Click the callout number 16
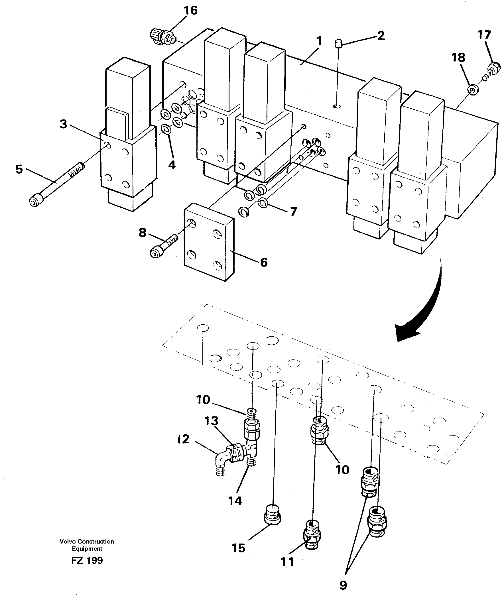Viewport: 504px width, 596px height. (x=190, y=11)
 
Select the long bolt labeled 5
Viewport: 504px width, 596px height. (x=54, y=185)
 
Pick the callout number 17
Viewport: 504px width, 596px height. (x=484, y=35)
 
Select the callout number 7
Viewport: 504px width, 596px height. (x=293, y=212)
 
